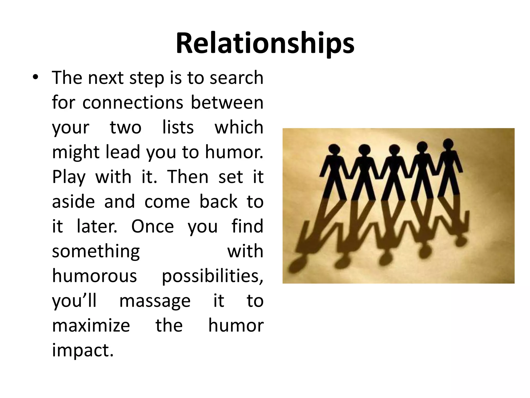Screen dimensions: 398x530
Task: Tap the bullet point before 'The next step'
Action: [x=35, y=77]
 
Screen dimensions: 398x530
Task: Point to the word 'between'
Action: [x=227, y=102]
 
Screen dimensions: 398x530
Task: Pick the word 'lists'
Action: [x=178, y=127]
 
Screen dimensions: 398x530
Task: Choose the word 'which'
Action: [x=239, y=127]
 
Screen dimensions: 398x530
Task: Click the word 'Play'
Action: [x=69, y=177]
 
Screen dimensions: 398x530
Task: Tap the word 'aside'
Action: [x=73, y=202]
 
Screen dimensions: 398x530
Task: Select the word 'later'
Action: [x=97, y=226]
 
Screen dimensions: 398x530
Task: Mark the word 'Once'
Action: [x=152, y=226]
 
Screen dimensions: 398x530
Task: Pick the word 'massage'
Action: [x=155, y=301]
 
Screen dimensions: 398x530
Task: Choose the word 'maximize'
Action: [x=91, y=326]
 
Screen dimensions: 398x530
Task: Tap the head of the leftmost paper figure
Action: [x=334, y=150]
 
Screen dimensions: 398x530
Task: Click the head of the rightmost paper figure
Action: [x=448, y=144]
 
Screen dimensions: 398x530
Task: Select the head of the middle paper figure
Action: [x=394, y=150]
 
